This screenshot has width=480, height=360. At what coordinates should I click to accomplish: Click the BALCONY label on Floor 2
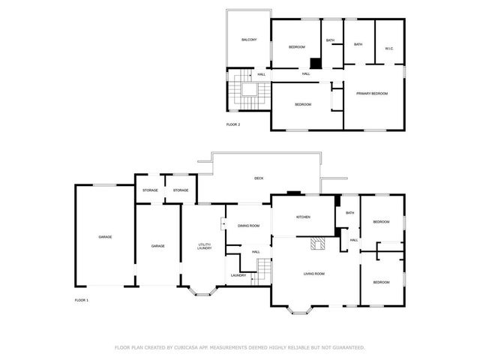250,39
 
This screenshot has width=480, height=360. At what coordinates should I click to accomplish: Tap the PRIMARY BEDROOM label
372,93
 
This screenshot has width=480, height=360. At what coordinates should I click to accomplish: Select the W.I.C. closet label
389,49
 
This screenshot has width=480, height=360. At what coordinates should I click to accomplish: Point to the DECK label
259,178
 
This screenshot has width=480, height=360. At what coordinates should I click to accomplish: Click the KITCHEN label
303,217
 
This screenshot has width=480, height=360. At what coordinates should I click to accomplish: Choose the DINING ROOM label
248,226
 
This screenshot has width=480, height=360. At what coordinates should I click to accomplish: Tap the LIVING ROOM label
313,274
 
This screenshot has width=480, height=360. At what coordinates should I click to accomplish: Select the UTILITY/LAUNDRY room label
204,246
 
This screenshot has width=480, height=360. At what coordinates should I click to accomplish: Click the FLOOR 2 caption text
233,124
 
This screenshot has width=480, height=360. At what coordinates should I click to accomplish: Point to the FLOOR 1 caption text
81,300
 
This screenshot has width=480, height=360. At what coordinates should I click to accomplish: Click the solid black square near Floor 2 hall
316,64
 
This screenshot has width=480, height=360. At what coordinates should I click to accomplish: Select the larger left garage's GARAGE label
105,237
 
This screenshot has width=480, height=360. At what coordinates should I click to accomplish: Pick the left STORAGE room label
150,190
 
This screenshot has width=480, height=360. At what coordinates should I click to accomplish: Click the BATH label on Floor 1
349,213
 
